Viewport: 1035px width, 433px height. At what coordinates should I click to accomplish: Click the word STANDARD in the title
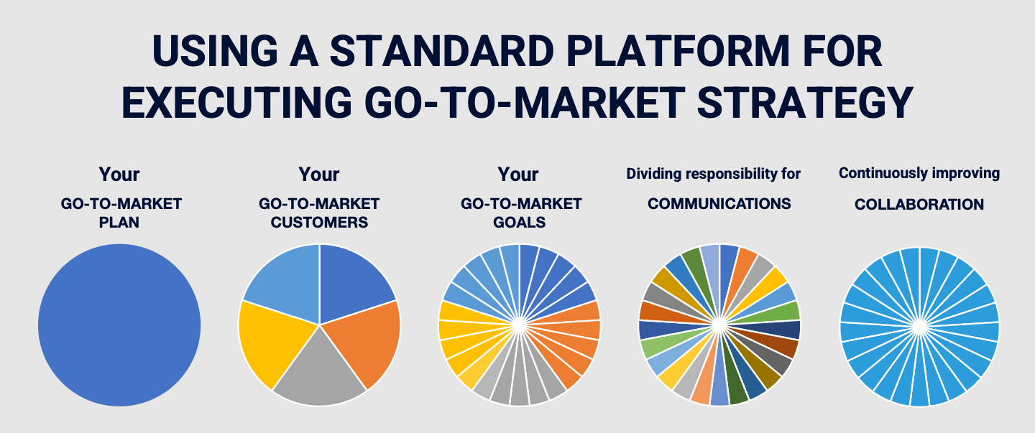(x=442, y=51)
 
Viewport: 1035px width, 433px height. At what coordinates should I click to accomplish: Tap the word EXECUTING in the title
(x=237, y=102)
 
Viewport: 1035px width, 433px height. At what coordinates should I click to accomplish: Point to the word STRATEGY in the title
(x=805, y=102)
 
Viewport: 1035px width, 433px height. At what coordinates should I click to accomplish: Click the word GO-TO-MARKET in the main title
(x=525, y=102)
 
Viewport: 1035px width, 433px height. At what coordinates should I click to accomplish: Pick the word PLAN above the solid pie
(x=119, y=223)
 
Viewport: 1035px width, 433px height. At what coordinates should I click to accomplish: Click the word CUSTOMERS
(x=319, y=223)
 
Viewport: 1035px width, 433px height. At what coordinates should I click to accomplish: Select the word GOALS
(x=520, y=223)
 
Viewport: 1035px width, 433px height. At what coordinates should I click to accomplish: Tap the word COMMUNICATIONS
(x=719, y=204)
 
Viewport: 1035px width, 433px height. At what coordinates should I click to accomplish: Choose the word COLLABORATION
(x=919, y=204)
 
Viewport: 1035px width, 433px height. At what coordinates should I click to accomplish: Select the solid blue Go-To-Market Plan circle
(x=119, y=325)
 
